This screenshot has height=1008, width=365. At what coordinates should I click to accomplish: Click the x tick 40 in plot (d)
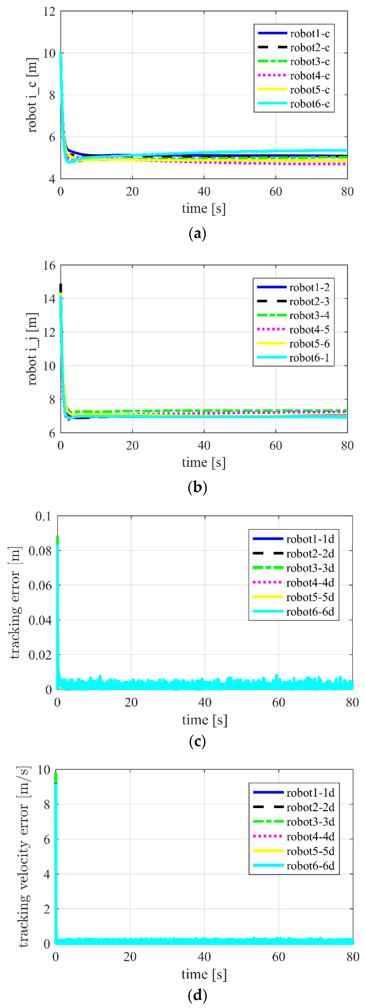click(204, 957)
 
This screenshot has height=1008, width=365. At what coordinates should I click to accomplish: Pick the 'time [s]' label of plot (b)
click(204, 462)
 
